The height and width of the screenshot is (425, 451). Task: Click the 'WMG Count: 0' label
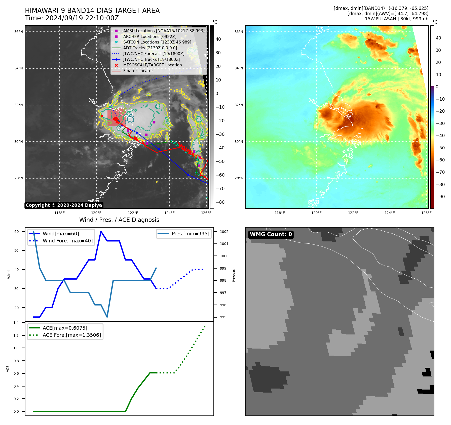tap(271, 234)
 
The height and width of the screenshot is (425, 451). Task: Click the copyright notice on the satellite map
tap(64, 205)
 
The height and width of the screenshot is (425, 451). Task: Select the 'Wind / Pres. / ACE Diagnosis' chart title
tap(119, 220)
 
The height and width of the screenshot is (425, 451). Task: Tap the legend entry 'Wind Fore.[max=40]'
tap(67, 241)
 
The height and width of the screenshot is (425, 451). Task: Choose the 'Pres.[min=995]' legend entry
tap(190, 234)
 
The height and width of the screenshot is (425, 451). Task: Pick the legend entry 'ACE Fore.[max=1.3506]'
tap(72, 335)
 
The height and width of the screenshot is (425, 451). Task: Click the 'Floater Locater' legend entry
tap(138, 71)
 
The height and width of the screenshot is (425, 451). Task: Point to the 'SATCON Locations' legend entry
tap(157, 42)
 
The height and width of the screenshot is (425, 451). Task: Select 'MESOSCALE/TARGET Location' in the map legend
tap(152, 65)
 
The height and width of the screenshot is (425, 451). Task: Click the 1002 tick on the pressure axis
tap(224, 232)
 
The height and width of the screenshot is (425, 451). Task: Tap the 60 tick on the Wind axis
tap(17, 232)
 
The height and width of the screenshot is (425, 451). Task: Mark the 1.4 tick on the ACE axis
tap(16, 323)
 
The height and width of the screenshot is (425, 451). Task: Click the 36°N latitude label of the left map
tap(19, 32)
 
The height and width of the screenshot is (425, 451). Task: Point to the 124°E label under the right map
tap(390, 213)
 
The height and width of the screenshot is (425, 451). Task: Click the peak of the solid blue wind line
tap(101, 231)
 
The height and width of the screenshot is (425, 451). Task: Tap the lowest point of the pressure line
tap(107, 317)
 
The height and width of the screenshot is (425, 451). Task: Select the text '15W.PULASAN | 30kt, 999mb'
tap(396, 19)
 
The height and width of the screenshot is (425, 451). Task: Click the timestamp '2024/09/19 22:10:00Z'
tap(82, 18)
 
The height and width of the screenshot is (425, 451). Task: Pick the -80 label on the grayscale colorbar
tap(220, 202)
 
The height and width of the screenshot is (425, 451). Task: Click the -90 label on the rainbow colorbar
tap(440, 197)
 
